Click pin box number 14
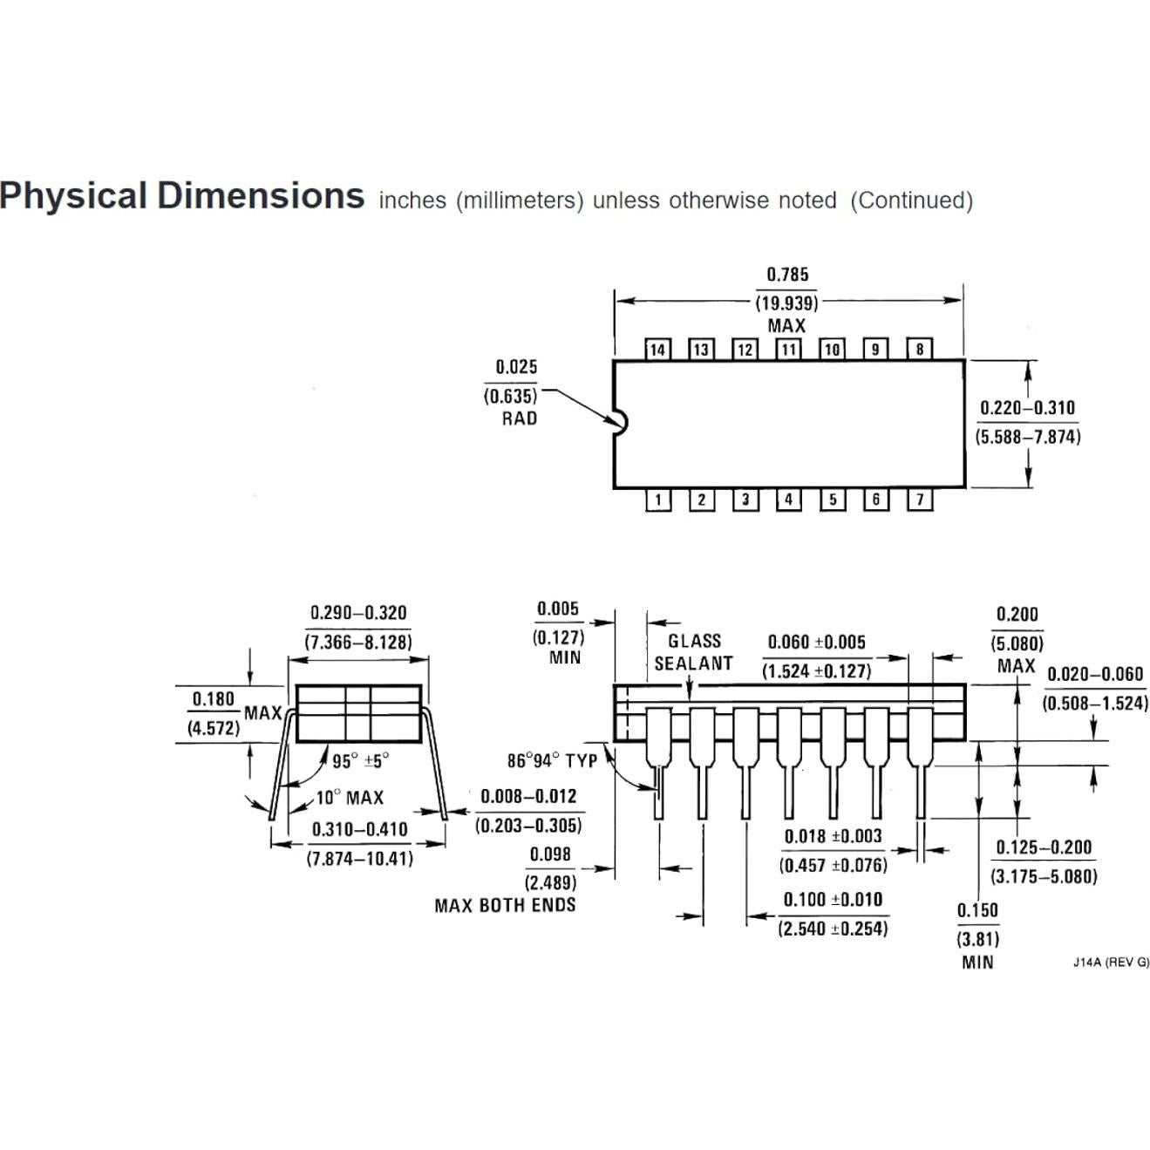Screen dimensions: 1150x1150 tap(657, 350)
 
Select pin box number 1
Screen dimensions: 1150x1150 tap(657, 500)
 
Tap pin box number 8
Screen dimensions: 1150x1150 tap(920, 350)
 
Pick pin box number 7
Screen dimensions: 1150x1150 tap(920, 500)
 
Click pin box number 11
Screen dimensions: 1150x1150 tap(788, 350)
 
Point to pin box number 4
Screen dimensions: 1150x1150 tap(788, 500)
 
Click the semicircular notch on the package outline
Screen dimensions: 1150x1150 tap(621, 423)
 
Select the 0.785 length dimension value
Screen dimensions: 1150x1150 tap(787, 275)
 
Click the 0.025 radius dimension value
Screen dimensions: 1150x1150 tap(516, 367)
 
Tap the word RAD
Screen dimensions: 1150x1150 tap(519, 418)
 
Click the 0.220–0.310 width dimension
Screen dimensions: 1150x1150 tap(1027, 408)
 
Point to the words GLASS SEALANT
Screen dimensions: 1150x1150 tap(694, 652)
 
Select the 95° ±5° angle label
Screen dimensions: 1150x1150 tap(360, 761)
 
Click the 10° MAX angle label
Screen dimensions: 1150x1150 tap(349, 798)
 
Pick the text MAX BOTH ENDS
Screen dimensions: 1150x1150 tap(505, 906)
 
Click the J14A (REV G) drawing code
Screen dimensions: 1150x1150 tap(1111, 963)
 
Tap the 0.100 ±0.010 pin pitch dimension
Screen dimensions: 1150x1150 tap(833, 900)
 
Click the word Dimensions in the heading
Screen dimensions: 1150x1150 tap(261, 195)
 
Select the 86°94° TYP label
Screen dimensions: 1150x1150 tap(552, 761)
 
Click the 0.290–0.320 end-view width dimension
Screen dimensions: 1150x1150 tap(358, 613)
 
